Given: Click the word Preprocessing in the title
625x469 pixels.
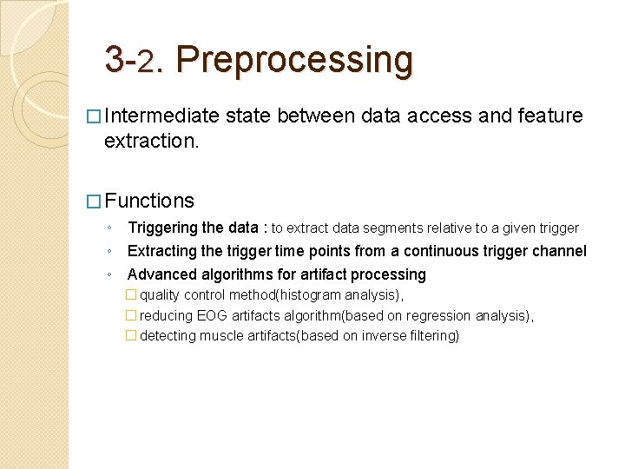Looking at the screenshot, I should tap(294, 60).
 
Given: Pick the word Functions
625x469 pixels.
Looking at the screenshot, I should tap(149, 201).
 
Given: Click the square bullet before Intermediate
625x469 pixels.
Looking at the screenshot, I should tap(93, 116).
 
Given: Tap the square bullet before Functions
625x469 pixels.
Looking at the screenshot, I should tap(93, 201).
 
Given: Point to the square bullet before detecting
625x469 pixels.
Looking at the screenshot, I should tap(131, 336).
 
